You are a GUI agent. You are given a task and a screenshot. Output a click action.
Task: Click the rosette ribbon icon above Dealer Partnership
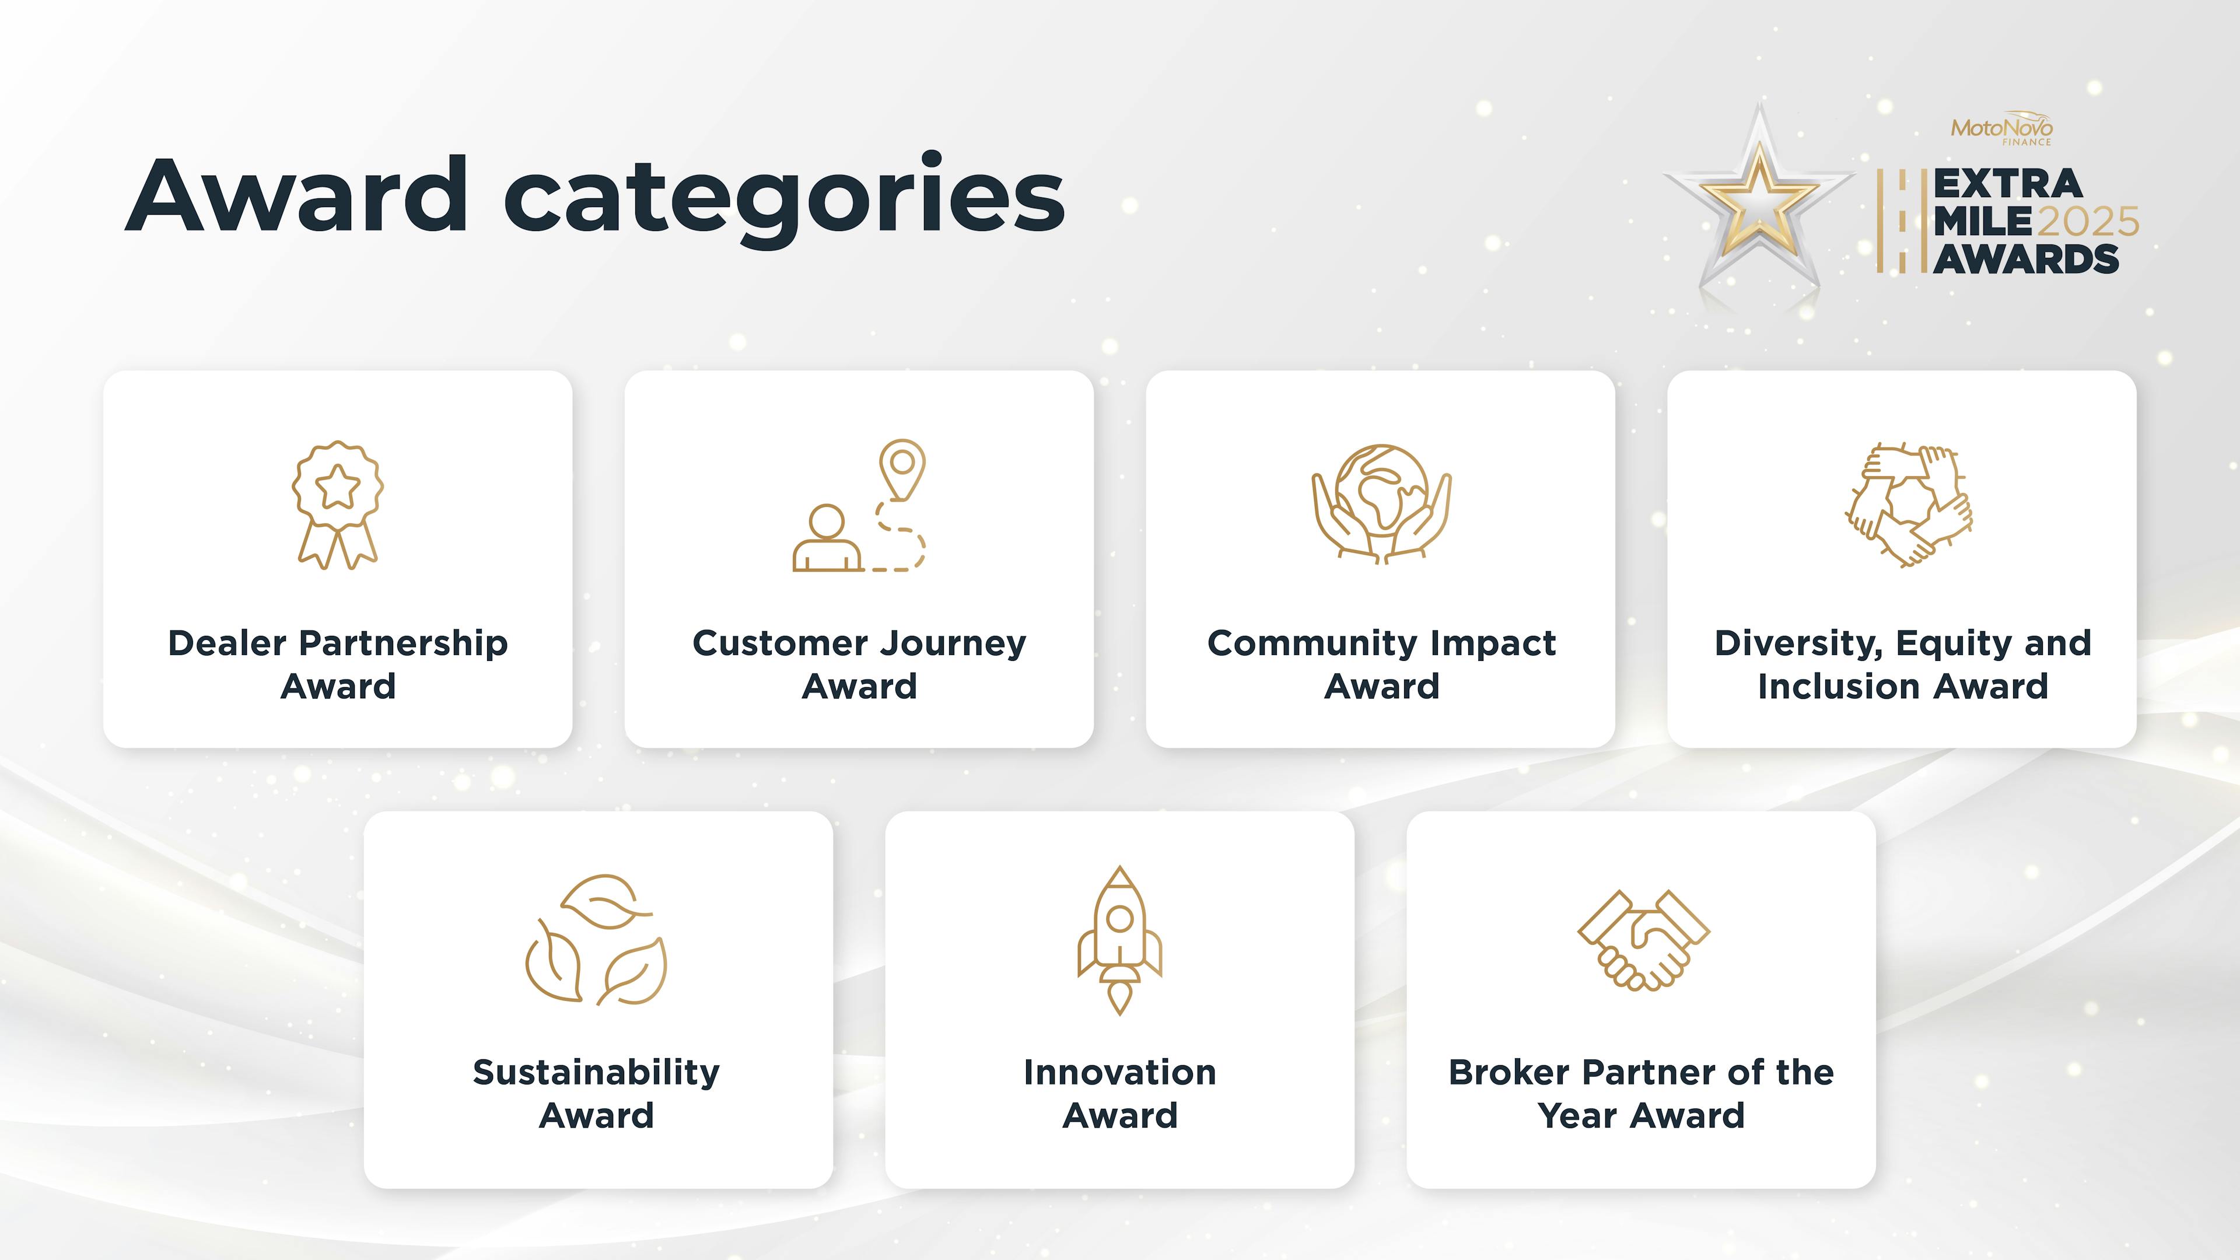[337, 505]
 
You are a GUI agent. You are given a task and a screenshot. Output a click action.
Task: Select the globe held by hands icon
[1381, 503]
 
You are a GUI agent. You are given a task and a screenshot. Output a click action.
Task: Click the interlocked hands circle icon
[1909, 505]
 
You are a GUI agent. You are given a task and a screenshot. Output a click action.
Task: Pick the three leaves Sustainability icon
[597, 940]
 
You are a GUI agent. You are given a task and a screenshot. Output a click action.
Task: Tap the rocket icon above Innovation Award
[1120, 940]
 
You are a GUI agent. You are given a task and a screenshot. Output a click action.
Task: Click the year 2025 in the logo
[2087, 222]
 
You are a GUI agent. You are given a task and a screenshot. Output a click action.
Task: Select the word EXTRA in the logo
[2008, 184]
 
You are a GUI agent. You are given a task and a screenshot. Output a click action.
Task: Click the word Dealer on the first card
[227, 643]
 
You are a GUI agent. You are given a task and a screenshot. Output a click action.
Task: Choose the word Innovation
[1120, 1072]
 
